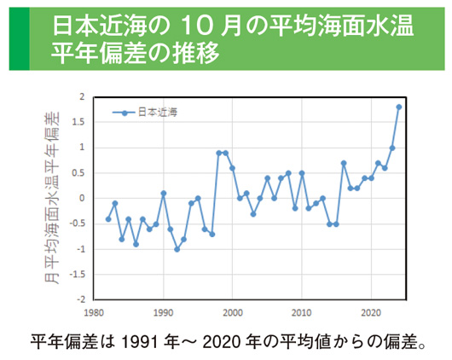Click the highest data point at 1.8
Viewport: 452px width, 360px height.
pos(399,107)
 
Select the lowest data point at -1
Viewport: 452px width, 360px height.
pos(177,249)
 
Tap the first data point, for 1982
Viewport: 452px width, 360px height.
pos(107,219)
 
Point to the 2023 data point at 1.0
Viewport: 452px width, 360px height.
pos(392,148)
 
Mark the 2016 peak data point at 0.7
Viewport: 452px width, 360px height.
pos(344,163)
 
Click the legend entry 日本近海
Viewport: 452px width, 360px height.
pos(153,112)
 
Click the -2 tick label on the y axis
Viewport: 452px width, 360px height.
pos(81,300)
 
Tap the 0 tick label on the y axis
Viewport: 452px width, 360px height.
pos(83,199)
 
